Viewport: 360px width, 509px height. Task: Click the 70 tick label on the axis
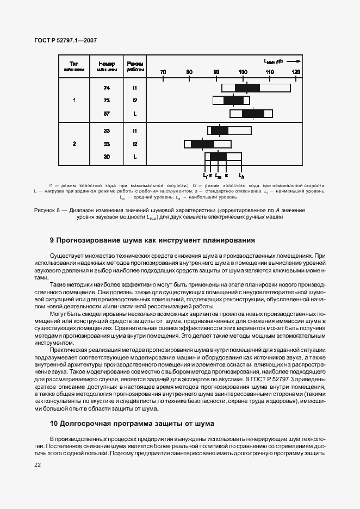click(x=163, y=72)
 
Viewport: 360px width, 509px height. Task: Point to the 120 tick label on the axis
click(x=296, y=72)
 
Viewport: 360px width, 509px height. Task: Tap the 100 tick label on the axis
click(x=243, y=72)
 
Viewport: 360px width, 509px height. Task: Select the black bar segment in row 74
click(x=247, y=88)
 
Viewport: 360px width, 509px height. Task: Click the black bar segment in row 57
click(x=253, y=114)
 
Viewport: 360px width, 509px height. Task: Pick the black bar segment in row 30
click(x=218, y=157)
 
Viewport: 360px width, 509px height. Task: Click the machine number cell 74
click(x=107, y=88)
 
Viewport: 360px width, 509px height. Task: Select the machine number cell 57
click(x=107, y=114)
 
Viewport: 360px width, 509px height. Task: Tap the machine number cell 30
click(x=107, y=157)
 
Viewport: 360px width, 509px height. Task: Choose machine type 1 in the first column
click(x=75, y=101)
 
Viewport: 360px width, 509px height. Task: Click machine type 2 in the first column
click(x=75, y=144)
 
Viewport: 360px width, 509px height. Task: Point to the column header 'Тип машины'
click(x=75, y=66)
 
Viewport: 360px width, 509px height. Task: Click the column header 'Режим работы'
click(x=135, y=66)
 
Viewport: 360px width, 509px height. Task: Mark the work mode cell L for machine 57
click(x=135, y=114)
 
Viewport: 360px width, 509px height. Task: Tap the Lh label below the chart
click(x=242, y=176)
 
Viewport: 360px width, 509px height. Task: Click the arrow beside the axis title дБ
click(x=292, y=61)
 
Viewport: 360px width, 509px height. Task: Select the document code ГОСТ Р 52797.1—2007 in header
click(x=65, y=41)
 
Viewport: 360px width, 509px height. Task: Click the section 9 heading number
click(x=52, y=240)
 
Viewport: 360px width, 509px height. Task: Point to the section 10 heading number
click(x=53, y=423)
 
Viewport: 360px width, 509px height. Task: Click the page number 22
click(x=38, y=464)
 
